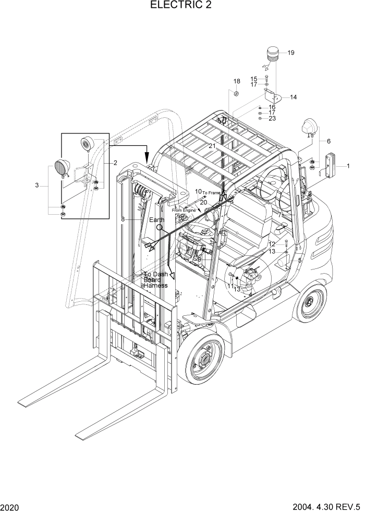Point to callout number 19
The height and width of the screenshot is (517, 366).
[x=291, y=53]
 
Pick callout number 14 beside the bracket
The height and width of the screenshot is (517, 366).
[x=293, y=97]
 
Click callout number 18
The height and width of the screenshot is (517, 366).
[x=237, y=81]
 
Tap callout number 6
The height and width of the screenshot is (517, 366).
[x=328, y=141]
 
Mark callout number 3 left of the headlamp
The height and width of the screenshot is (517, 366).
[x=37, y=186]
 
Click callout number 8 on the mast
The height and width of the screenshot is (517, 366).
[x=123, y=219]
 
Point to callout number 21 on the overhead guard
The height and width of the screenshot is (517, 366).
[x=212, y=145]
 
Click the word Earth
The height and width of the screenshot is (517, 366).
[x=157, y=220]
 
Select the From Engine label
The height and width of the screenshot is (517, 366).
[x=184, y=210]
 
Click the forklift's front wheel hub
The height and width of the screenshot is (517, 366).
[x=201, y=360]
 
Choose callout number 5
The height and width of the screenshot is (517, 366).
[x=300, y=260]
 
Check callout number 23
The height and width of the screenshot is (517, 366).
[x=272, y=118]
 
